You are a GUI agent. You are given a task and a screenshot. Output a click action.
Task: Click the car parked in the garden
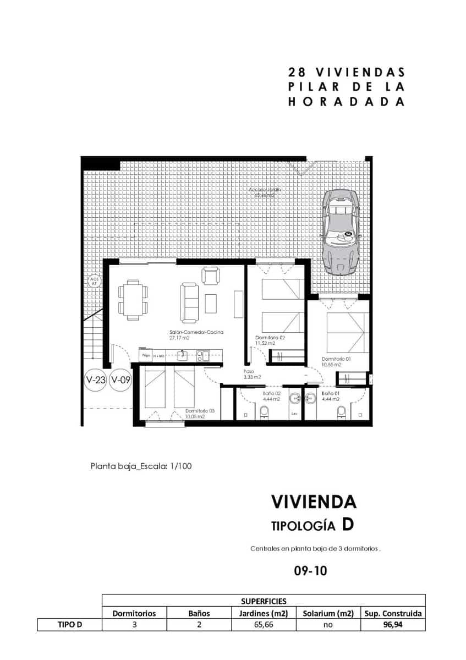(x=341, y=232)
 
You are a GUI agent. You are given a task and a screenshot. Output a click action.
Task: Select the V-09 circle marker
(x=120, y=380)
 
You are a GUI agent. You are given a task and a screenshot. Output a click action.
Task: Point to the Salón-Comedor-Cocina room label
(x=189, y=335)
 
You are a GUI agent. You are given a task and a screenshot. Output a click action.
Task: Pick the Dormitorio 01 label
(x=336, y=361)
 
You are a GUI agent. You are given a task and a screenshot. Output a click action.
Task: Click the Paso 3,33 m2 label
(x=251, y=374)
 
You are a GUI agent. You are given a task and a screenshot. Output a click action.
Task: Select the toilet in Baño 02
(x=264, y=412)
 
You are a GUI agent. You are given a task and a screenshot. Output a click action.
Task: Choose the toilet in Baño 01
(x=342, y=412)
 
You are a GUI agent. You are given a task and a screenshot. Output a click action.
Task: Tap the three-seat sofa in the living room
(x=189, y=302)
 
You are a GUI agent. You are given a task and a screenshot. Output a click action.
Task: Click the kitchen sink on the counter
(x=202, y=355)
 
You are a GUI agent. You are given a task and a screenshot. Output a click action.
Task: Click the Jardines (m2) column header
(x=263, y=613)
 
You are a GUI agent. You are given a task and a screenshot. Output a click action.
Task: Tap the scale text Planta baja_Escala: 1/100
(x=141, y=466)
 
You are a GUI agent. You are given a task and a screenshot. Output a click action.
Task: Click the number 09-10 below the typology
(x=311, y=571)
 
